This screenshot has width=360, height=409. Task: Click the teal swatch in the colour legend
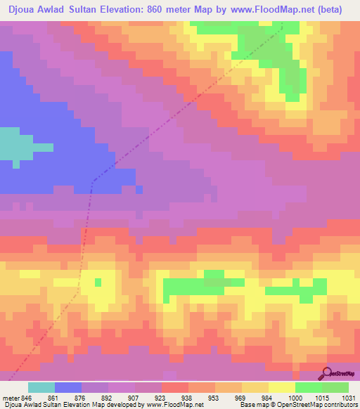41,387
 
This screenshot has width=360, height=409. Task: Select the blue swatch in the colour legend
68,387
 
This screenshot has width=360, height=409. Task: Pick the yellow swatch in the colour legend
282,387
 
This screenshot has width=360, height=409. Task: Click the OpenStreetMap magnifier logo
326,373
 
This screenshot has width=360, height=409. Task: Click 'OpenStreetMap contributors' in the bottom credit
319,405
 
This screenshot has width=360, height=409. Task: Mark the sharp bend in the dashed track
93,181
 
